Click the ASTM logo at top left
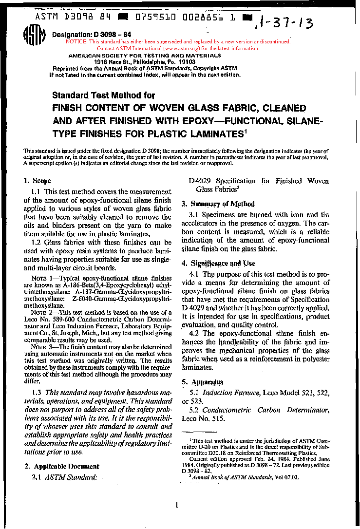point(35,36)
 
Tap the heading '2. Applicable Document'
point(62,466)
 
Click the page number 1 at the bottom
point(176,505)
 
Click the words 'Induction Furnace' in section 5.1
point(231,392)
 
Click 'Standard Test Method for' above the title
point(103,95)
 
